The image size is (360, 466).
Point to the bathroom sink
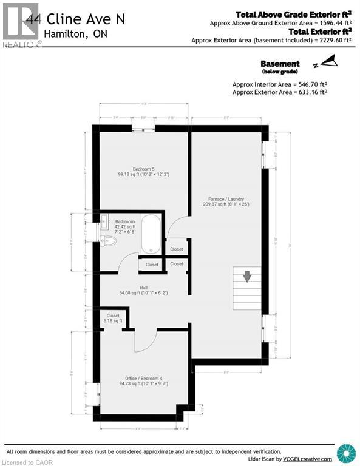(x=103, y=221)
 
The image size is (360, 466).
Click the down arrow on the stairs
(x=247, y=277)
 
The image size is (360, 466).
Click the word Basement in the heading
(x=280, y=64)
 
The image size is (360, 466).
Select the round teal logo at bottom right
(x=346, y=453)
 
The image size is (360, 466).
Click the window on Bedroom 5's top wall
(x=143, y=127)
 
